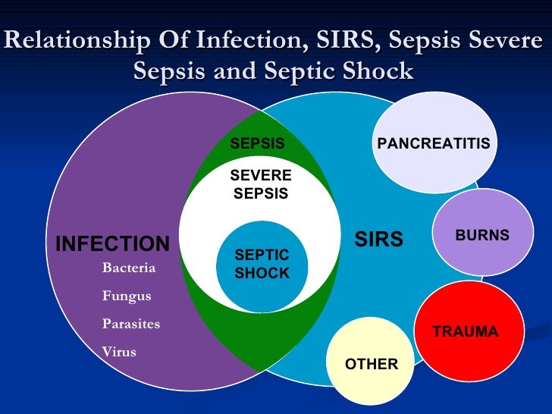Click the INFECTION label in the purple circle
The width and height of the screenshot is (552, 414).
pos(112,243)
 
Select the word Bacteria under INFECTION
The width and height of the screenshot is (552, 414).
pos(129,268)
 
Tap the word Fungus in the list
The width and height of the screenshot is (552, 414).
pos(127,296)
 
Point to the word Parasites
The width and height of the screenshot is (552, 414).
pos(131,324)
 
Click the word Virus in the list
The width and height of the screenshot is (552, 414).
pos(119,352)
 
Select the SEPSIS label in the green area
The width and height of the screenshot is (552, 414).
pos(257,143)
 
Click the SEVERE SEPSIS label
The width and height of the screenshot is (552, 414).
pos(261,184)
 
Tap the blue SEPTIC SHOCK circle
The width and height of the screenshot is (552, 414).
pos(262,265)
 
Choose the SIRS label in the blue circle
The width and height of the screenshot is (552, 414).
pos(378,240)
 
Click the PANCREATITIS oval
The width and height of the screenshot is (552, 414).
pos(433,144)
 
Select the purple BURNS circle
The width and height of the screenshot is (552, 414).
pos(481,235)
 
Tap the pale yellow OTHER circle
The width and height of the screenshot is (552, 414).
pos(371,364)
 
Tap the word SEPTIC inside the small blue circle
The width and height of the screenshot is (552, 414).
pos(262,257)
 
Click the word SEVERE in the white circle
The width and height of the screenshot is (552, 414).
pos(261,176)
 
